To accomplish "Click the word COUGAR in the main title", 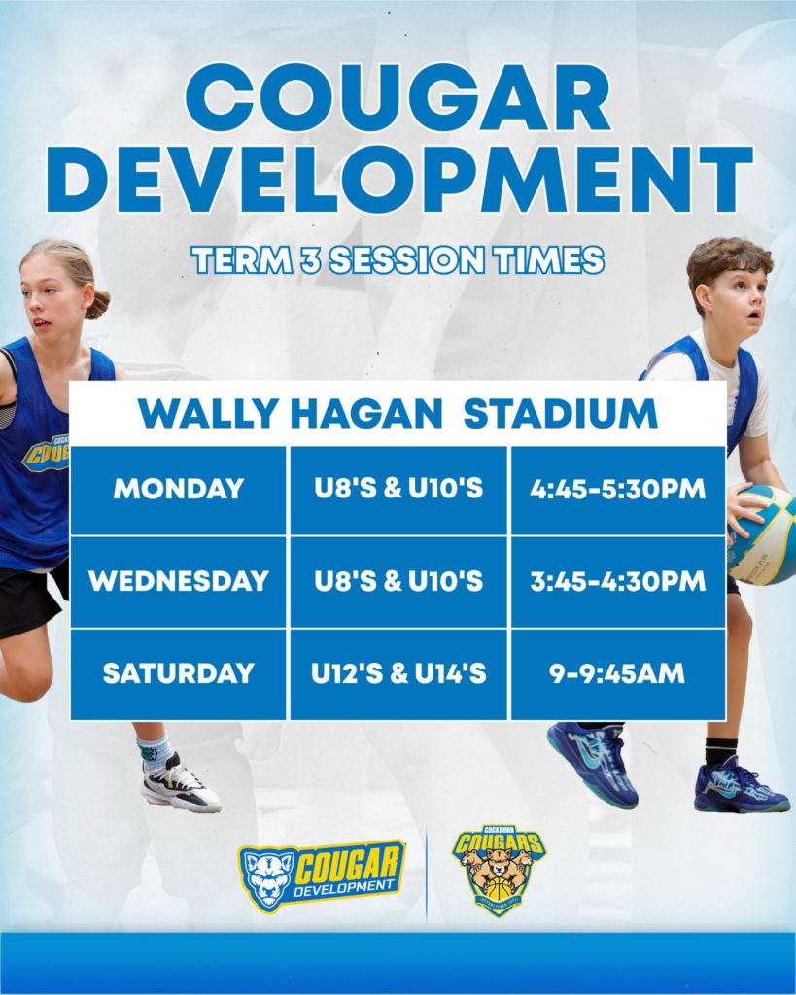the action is [x=398, y=97].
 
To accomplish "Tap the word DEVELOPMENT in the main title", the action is [x=399, y=180].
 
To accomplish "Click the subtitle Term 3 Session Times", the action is [x=398, y=260].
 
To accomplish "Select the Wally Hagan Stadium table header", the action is [x=398, y=414].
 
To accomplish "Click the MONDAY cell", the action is [x=179, y=490].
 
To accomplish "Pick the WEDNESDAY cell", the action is [x=179, y=582].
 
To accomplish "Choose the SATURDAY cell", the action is [x=179, y=674].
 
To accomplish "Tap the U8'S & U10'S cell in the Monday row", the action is [x=398, y=490].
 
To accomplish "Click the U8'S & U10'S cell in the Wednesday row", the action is [x=398, y=582].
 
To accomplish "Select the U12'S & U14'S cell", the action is [x=398, y=674].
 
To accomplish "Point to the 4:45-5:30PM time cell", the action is [x=617, y=490].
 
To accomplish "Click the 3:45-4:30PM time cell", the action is [x=617, y=582].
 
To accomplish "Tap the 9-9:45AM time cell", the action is [x=617, y=674].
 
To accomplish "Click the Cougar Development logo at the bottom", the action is [x=322, y=875].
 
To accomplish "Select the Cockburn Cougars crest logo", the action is [x=499, y=871].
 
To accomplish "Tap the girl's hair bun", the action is [x=98, y=304].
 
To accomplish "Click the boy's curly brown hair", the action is [x=729, y=263].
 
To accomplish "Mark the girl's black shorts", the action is [x=32, y=599].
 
